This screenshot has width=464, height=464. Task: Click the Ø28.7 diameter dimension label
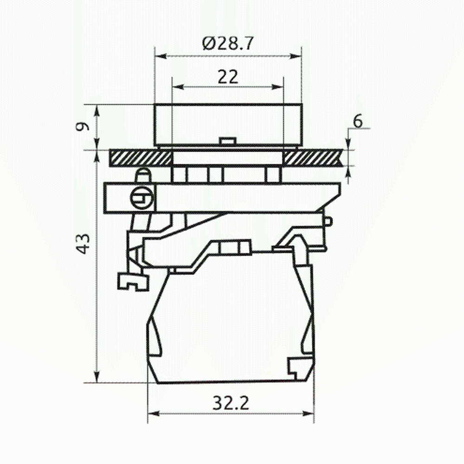tap(228, 43)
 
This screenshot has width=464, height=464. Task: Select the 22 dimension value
tap(228, 77)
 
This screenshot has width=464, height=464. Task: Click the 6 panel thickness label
tap(357, 121)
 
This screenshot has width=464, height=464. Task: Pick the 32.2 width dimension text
tap(231, 403)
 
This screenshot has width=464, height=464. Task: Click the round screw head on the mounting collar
tap(142, 197)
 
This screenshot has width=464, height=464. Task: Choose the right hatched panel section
tap(314, 158)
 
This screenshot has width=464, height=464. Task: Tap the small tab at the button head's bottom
tap(227, 141)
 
